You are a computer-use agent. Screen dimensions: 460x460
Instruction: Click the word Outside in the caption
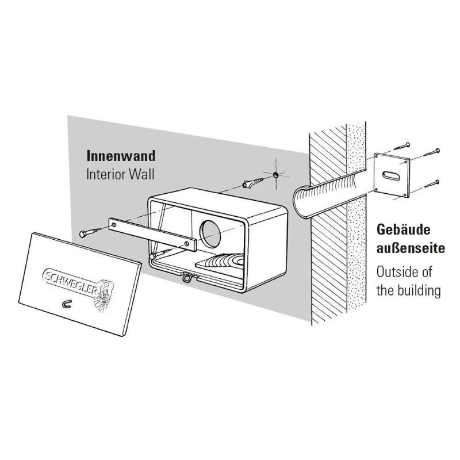(x=396, y=271)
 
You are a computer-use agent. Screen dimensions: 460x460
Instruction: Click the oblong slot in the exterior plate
(x=391, y=174)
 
